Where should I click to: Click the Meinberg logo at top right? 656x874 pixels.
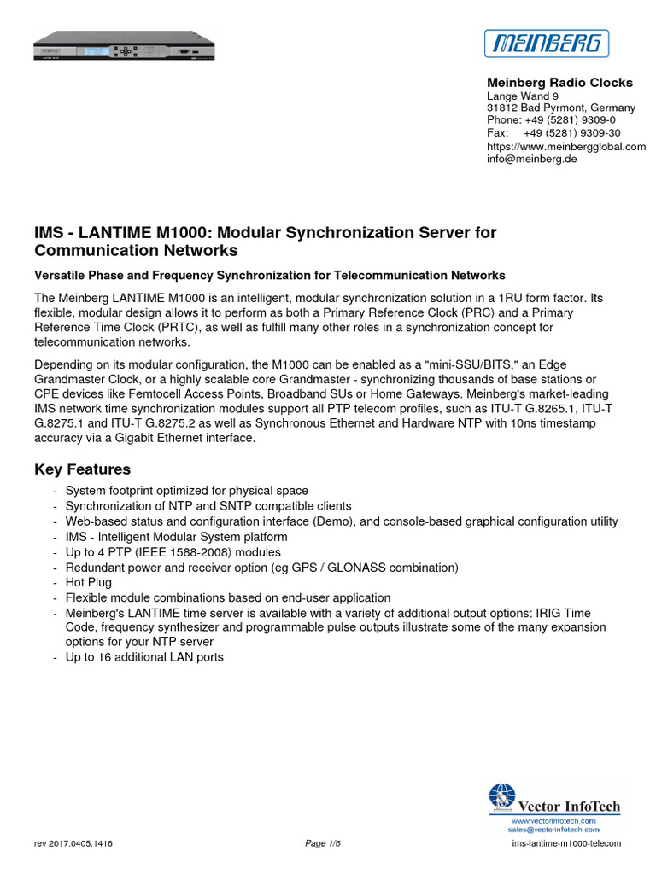pos(547,43)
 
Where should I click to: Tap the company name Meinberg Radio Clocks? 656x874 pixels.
pos(559,83)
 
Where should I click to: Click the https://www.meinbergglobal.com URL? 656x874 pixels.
pos(565,146)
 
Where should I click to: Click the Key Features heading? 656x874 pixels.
pos(82,469)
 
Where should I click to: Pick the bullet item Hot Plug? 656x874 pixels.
pos(88,582)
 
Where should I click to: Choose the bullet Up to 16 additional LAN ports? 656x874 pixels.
pos(144,657)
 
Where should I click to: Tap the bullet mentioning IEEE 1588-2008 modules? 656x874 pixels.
pos(173,552)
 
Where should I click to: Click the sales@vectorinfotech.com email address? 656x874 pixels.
pos(553,829)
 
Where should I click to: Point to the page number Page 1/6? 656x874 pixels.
pos(323,844)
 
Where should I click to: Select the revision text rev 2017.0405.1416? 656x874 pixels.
pos(73,844)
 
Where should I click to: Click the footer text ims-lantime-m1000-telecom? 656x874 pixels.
pos(565,844)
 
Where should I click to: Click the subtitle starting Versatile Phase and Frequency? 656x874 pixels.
pos(269,275)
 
